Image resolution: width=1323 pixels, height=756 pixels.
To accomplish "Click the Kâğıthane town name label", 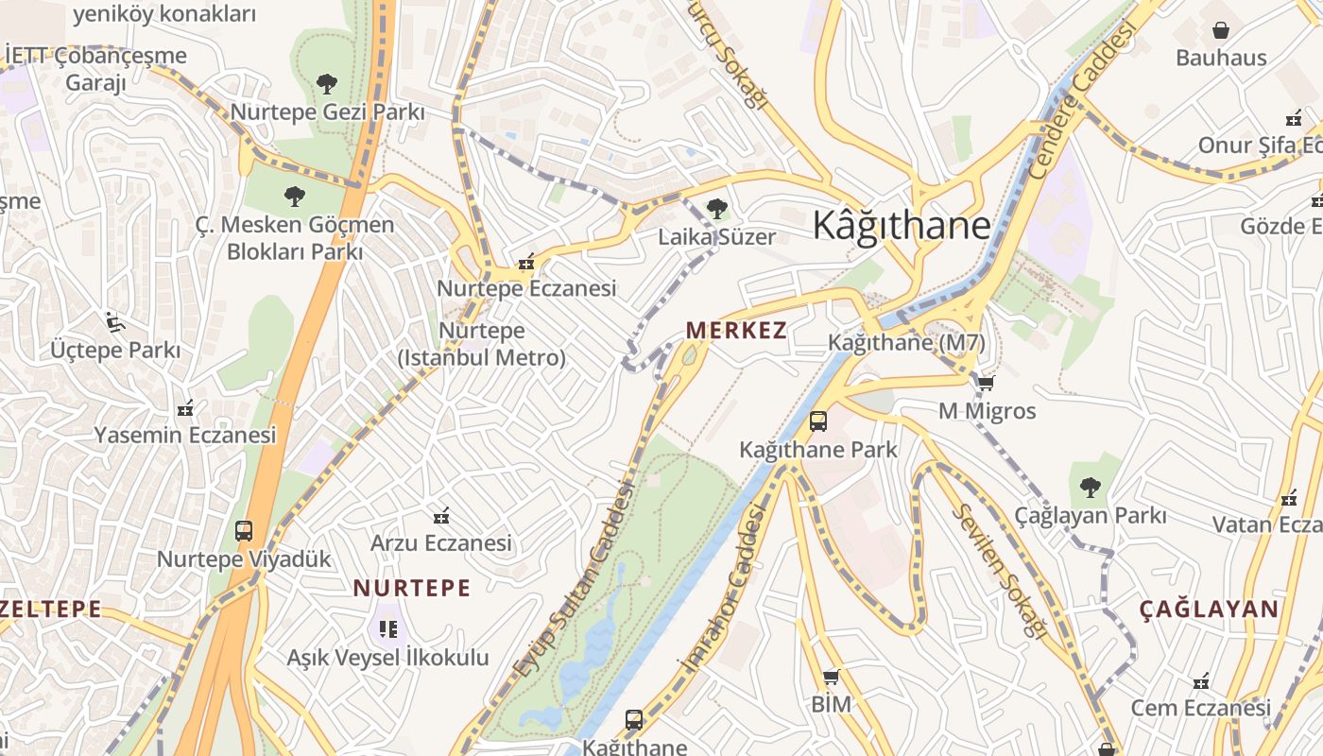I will click(x=902, y=226).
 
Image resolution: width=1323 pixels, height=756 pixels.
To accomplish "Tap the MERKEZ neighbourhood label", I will click(x=736, y=330).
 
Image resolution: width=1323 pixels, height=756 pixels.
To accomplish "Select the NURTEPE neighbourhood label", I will click(x=412, y=588).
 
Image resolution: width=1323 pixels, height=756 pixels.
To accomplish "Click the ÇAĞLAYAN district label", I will click(x=1209, y=610).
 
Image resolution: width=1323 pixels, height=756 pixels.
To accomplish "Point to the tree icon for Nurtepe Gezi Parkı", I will click(x=327, y=84).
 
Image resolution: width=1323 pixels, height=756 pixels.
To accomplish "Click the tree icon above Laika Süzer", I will click(x=717, y=208).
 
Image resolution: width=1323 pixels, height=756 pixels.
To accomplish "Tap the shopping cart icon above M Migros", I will click(x=986, y=383).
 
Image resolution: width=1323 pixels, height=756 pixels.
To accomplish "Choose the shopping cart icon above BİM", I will click(x=831, y=677).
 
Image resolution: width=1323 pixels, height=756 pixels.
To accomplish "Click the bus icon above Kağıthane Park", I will click(x=818, y=421).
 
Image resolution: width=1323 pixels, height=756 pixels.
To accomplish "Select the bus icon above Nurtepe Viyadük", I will click(x=244, y=530).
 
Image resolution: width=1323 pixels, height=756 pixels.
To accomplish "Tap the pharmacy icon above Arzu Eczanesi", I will click(x=440, y=516).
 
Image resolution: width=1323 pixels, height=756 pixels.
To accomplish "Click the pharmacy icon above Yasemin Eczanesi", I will click(x=185, y=408).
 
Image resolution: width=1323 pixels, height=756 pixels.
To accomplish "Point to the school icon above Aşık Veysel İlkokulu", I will click(x=387, y=628).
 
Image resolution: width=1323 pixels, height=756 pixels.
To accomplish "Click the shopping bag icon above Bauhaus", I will click(x=1221, y=30).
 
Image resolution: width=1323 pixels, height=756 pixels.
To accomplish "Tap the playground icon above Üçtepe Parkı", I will click(x=115, y=322).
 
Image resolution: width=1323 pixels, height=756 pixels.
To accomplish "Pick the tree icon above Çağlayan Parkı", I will click(x=1090, y=488).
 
